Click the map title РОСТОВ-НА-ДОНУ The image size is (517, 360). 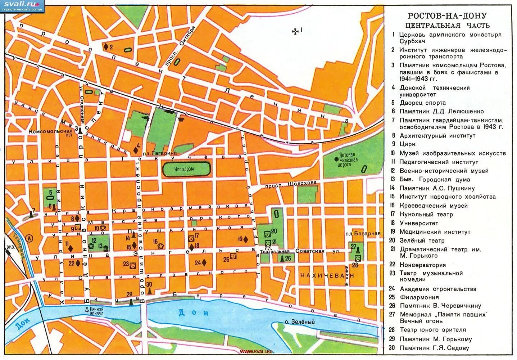click(x=447, y=16)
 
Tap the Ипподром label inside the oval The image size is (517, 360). click(x=186, y=169)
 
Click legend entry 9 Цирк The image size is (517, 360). click(x=407, y=144)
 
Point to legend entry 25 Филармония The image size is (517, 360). click(x=419, y=297)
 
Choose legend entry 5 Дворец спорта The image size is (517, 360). click(x=422, y=103)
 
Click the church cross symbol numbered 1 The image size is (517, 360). click(x=295, y=31)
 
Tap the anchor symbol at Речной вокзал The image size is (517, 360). click(x=86, y=309)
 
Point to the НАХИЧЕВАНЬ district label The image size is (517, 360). click(x=327, y=275)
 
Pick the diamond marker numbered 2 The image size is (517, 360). click(x=106, y=47)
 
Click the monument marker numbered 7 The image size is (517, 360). click(x=31, y=214)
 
